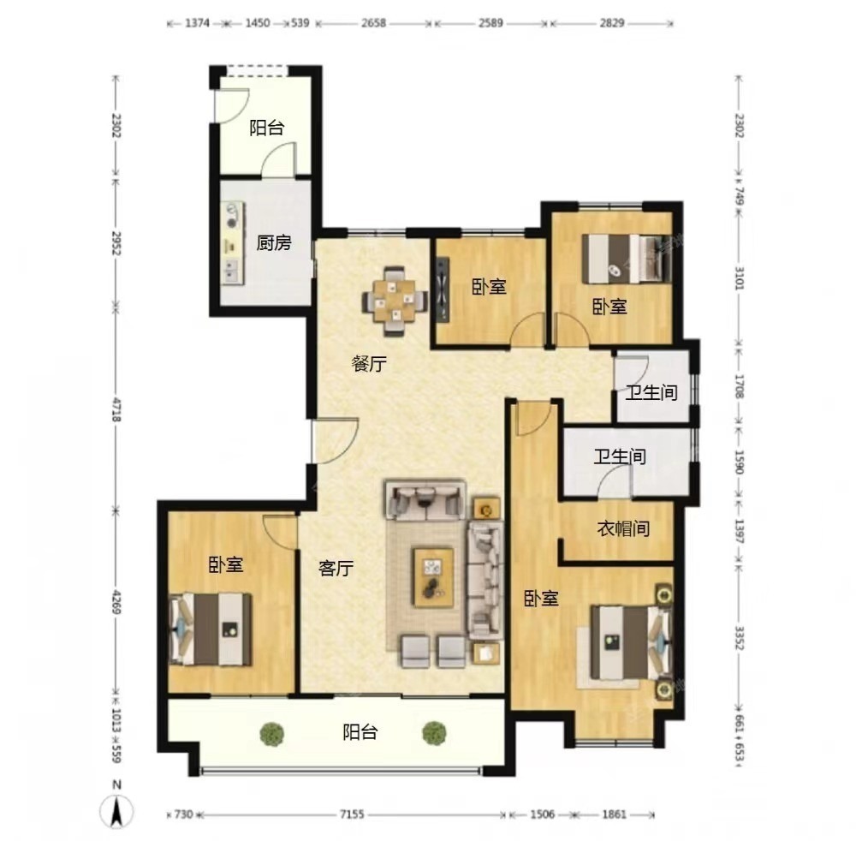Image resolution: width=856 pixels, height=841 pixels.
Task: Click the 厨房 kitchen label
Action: point(274,242)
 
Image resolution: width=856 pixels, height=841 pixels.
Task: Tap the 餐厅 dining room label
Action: point(369,363)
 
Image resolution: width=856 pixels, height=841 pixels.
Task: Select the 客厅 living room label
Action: point(336,569)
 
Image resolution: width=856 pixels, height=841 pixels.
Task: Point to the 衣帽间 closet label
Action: point(623,528)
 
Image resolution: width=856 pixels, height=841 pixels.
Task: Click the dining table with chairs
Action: point(395,301)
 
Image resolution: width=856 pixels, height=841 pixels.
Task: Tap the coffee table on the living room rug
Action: point(433,577)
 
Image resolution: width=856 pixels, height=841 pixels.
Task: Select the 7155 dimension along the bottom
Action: point(352,814)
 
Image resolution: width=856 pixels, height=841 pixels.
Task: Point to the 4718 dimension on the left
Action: point(116,409)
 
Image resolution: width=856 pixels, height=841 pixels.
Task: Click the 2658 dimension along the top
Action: point(373,23)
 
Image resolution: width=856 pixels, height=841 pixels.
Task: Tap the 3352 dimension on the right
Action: point(740,638)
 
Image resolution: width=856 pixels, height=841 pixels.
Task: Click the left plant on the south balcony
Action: point(271,733)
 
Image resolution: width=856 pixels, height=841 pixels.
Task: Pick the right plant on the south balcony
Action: point(434,733)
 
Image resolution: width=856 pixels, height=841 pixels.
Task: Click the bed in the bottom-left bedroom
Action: point(211,629)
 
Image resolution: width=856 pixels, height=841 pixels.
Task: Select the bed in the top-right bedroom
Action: point(627,259)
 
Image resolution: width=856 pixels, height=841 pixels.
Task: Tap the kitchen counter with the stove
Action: point(233,243)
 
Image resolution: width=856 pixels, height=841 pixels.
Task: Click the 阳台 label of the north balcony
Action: point(267,128)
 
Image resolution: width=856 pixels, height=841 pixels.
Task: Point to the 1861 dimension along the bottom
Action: point(614,814)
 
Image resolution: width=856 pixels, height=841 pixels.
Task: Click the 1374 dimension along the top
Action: point(197,23)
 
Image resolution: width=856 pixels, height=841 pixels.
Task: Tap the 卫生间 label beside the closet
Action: point(620,456)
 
